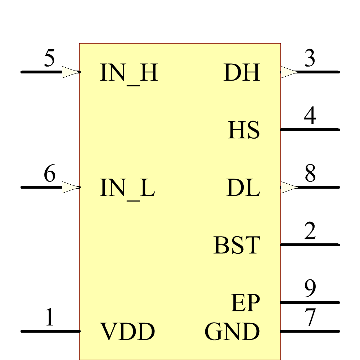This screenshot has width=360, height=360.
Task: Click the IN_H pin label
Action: point(129,73)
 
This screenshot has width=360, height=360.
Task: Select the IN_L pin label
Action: point(127,188)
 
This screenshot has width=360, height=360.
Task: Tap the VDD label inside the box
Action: point(127,332)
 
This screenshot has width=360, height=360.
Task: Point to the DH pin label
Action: point(242,73)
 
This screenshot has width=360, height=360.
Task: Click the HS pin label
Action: point(244,130)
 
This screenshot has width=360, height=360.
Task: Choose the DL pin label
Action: point(243,188)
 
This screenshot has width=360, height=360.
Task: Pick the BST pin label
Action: point(237,246)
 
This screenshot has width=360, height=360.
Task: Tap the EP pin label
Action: point(245,303)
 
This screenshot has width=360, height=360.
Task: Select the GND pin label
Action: point(232,332)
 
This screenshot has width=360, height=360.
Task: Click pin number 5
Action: point(49,59)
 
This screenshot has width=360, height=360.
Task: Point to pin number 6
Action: point(49,174)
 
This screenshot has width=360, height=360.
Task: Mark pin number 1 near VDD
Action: point(49,318)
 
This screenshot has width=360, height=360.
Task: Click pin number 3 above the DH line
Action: point(310,59)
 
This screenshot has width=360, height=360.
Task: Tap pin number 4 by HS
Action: point(310,116)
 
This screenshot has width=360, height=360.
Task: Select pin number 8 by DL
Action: point(310,174)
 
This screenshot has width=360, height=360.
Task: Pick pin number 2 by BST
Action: point(310,231)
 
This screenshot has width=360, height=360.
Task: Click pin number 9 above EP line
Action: point(310,289)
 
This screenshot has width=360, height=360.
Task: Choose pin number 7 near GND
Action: point(310,318)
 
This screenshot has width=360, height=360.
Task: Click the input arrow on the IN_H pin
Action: point(70,72)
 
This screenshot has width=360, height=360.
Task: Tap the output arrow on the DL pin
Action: point(289,187)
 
